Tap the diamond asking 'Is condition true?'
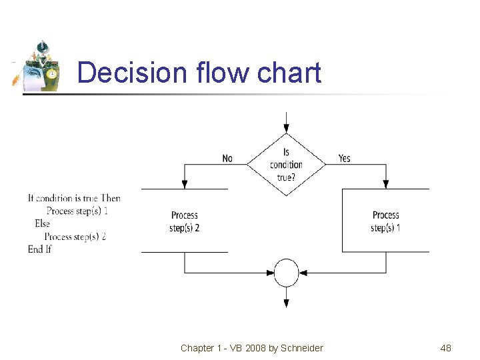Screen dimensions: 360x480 pyautogui.click(x=286, y=165)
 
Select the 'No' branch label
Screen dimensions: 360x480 pyautogui.click(x=227, y=159)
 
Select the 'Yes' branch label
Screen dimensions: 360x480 pyautogui.click(x=344, y=159)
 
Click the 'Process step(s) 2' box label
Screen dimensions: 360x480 pyautogui.click(x=185, y=221)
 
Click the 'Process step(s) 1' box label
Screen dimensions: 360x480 pyautogui.click(x=385, y=221)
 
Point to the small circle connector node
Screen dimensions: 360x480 pyautogui.click(x=287, y=273)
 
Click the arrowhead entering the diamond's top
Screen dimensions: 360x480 pyautogui.click(x=286, y=128)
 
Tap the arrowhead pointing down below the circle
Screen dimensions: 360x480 pyautogui.click(x=287, y=303)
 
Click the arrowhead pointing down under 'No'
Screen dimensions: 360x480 pyautogui.click(x=184, y=184)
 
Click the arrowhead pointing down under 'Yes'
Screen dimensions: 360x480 pyautogui.click(x=386, y=184)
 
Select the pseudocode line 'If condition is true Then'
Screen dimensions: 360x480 pyautogui.click(x=74, y=198)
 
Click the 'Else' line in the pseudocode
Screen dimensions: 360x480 pyautogui.click(x=42, y=223)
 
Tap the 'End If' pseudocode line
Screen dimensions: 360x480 pyautogui.click(x=39, y=249)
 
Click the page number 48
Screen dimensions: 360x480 pyautogui.click(x=446, y=348)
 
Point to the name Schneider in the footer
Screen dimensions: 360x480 pyautogui.click(x=301, y=348)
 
